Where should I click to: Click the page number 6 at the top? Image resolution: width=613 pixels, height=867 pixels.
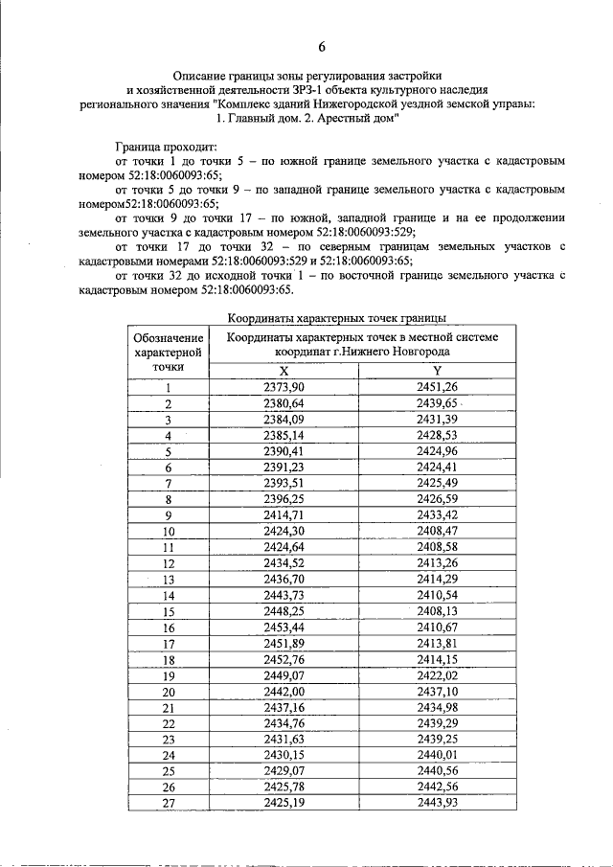click(322, 47)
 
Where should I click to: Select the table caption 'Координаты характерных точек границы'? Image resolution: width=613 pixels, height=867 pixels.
click(337, 318)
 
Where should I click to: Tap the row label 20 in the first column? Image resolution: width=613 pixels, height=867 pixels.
click(169, 692)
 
